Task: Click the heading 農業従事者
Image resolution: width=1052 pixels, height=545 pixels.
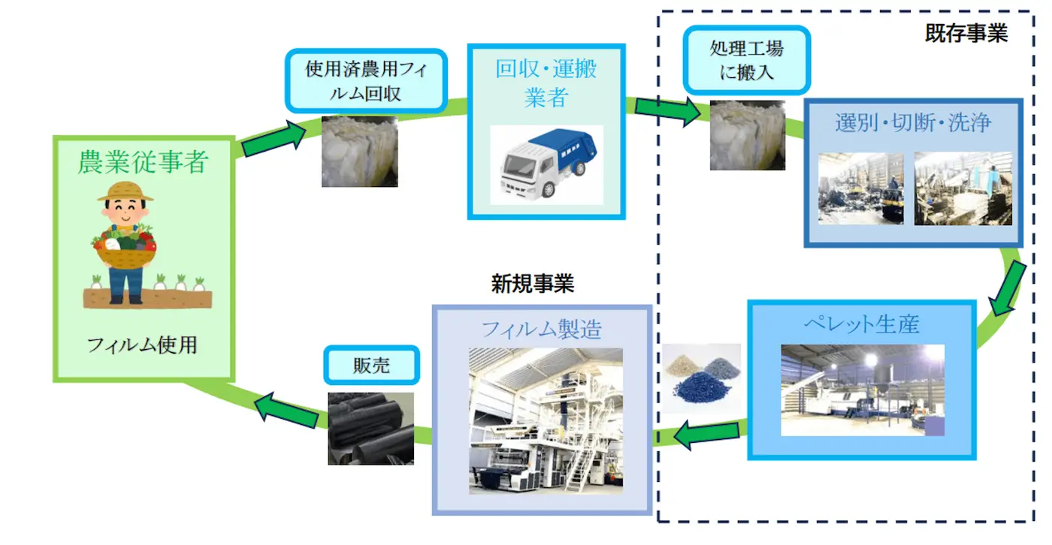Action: coord(143,162)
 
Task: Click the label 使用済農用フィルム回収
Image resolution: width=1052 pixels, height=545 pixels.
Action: coord(366,81)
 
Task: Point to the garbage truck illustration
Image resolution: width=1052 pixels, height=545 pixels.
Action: coord(546,163)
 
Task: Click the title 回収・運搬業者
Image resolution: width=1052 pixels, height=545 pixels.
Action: coord(546,83)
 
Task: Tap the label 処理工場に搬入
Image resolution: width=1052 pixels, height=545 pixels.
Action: coord(746,60)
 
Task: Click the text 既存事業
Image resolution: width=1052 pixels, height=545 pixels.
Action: coord(966,34)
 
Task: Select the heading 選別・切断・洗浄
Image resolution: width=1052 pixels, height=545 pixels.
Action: coord(913,123)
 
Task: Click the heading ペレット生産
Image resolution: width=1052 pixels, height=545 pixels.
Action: coord(861,324)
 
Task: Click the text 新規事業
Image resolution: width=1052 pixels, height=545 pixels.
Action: coord(533,283)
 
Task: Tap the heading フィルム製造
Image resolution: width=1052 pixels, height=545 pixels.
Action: coord(541,329)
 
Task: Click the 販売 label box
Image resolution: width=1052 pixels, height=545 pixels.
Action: coord(371,366)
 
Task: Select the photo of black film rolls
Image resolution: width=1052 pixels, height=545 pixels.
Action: coord(371,428)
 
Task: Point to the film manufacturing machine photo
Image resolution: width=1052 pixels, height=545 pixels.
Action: coord(546,420)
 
